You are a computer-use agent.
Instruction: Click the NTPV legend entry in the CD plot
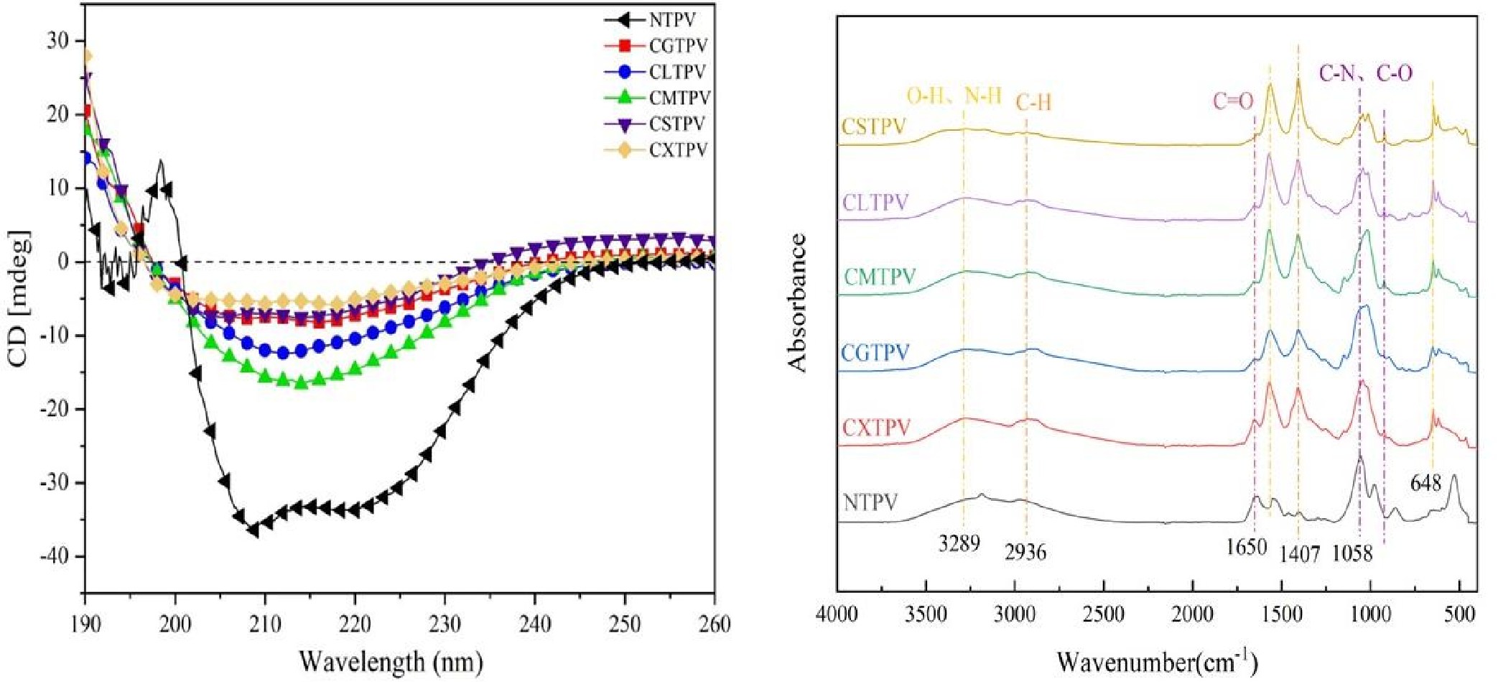[671, 20]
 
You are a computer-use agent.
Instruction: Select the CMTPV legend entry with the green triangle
[679, 98]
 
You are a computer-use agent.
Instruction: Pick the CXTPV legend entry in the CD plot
[677, 150]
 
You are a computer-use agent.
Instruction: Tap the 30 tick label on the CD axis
[59, 41]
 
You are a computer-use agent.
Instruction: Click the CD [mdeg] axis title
[19, 298]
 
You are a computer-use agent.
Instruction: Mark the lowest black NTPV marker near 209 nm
[253, 530]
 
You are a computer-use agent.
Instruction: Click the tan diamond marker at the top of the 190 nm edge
[86, 56]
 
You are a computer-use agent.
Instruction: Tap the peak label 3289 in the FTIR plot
[959, 544]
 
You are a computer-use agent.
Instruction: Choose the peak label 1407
[1300, 554]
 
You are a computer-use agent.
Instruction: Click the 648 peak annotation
[1425, 483]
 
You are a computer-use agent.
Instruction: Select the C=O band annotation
[1233, 101]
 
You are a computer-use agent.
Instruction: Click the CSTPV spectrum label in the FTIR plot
[874, 126]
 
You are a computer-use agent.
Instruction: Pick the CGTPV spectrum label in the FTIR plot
[875, 353]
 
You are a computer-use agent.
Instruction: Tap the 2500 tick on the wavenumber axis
[1103, 615]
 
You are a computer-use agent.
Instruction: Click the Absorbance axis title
[797, 302]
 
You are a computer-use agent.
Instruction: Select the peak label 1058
[1352, 554]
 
